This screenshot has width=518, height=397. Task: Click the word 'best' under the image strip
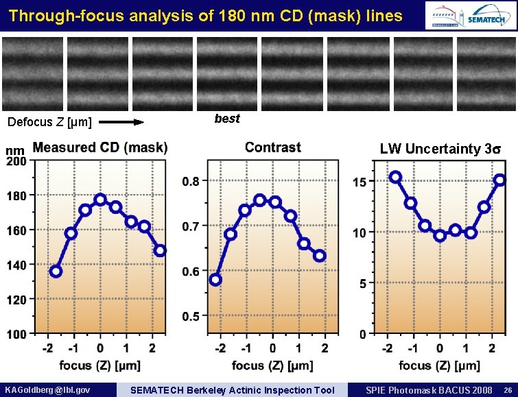click(x=227, y=119)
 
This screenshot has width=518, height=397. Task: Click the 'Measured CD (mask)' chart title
click(x=100, y=147)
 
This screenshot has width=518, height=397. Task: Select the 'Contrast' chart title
click(x=272, y=147)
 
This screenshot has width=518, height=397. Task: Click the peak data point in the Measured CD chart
click(x=100, y=200)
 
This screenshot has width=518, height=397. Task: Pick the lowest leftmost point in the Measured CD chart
click(x=56, y=271)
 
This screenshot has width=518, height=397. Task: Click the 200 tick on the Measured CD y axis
click(x=16, y=161)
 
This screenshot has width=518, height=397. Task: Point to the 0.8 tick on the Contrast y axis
click(x=191, y=182)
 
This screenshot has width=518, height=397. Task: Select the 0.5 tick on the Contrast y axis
click(x=191, y=316)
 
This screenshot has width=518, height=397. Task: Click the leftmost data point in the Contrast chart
click(x=215, y=280)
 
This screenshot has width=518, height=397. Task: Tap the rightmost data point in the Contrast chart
click(x=320, y=256)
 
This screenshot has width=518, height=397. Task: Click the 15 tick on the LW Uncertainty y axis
click(x=359, y=182)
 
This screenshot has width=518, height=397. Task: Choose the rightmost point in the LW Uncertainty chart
click(x=499, y=180)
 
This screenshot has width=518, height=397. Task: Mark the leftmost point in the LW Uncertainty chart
click(x=395, y=177)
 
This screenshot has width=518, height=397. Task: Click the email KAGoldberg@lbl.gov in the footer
click(x=47, y=389)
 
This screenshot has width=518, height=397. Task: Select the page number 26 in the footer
click(x=506, y=389)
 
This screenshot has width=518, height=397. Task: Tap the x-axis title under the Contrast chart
click(x=272, y=365)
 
